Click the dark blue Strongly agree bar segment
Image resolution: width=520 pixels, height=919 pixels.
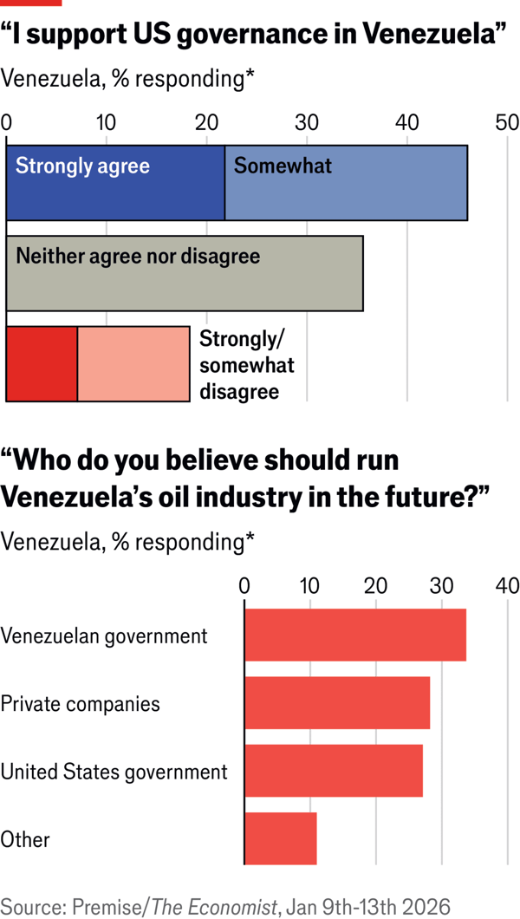[x=115, y=183]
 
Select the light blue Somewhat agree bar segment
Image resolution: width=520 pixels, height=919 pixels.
[x=346, y=183]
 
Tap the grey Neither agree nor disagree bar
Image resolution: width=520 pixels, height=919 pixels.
[x=184, y=273]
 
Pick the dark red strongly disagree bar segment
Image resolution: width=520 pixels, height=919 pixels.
[x=42, y=364]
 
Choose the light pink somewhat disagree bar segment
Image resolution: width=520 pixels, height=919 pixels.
[x=133, y=364]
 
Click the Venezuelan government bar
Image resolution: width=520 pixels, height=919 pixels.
[x=355, y=635]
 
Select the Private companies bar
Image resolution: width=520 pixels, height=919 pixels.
[x=337, y=703]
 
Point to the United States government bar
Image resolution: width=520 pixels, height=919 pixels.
[x=334, y=771]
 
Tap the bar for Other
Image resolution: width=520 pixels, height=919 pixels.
[x=281, y=838]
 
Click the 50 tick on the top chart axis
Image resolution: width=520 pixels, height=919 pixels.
[x=506, y=122]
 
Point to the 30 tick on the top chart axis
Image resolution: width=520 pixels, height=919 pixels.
[x=306, y=122]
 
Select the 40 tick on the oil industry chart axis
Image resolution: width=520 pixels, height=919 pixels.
[x=507, y=586]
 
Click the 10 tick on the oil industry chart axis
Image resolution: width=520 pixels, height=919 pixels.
[x=310, y=586]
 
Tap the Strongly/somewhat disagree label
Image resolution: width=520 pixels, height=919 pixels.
[x=246, y=365]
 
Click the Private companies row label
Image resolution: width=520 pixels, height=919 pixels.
[x=80, y=703]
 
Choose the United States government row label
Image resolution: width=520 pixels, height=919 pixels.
[x=114, y=771]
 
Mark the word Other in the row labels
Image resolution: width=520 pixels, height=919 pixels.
[x=25, y=839]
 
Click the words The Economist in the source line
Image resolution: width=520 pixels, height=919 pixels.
[x=214, y=907]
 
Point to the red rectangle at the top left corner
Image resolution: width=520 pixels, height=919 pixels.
[x=31, y=3]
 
